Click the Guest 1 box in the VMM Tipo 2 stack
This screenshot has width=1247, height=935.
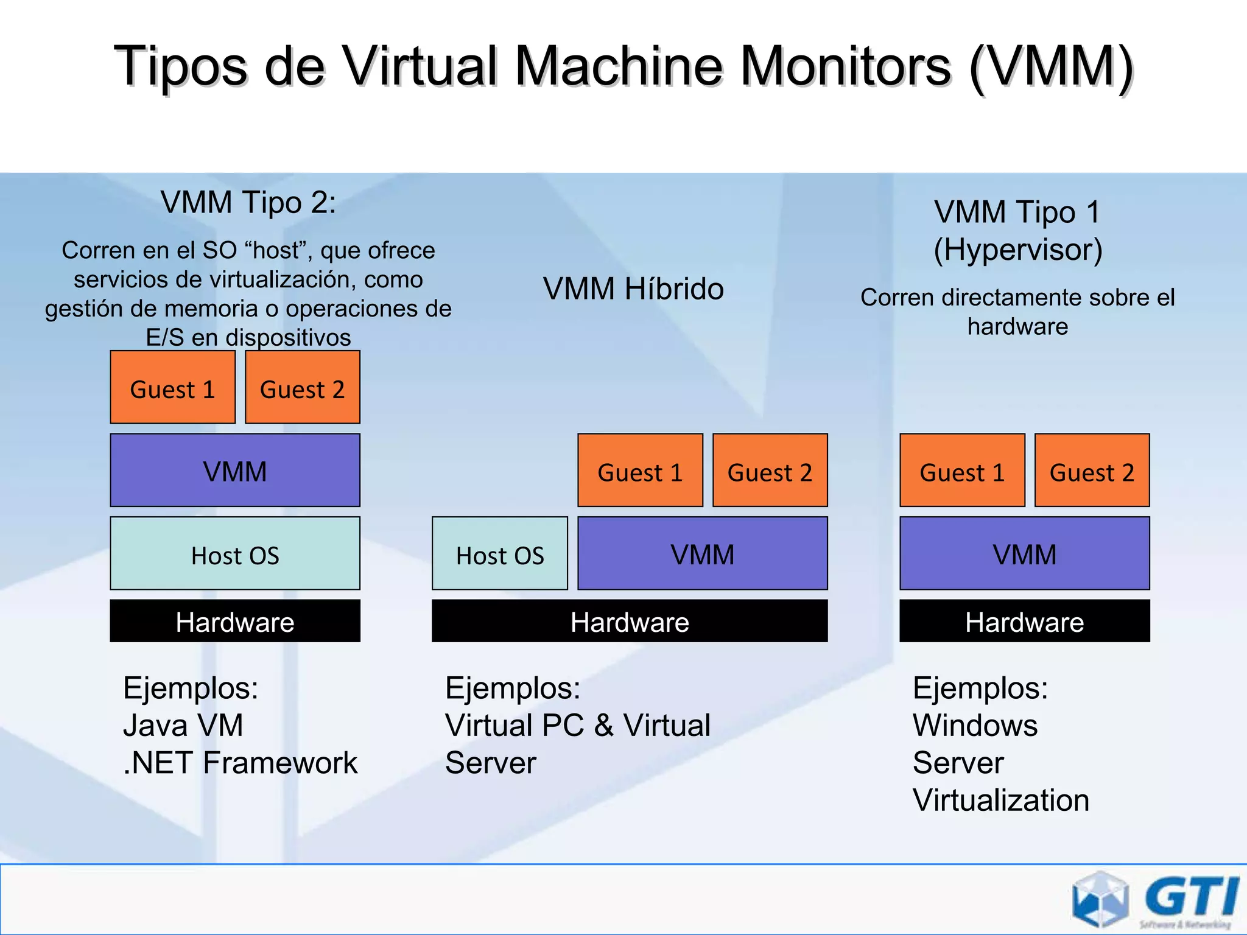tap(172, 387)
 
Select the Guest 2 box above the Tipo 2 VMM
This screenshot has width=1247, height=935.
tap(303, 387)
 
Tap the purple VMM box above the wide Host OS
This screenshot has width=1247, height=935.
tap(235, 471)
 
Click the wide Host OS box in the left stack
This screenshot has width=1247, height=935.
tap(235, 554)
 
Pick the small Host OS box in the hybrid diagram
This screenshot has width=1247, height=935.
tap(500, 554)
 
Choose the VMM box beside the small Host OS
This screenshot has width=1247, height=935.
tap(702, 554)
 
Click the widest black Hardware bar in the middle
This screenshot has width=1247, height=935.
tap(630, 622)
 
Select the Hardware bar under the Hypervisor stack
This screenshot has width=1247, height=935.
tap(1025, 622)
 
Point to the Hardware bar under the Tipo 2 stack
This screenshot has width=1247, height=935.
tap(235, 622)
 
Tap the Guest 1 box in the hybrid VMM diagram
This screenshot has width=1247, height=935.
tap(640, 471)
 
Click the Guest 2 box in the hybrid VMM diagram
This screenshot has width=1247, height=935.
tap(770, 471)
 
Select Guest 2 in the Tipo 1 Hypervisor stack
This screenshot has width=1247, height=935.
tap(1092, 471)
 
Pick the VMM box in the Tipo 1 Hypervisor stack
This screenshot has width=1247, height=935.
tap(1025, 554)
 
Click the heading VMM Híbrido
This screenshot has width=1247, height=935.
tap(633, 289)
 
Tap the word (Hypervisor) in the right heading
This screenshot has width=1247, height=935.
tap(1018, 250)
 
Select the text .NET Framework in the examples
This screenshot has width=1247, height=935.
tap(241, 763)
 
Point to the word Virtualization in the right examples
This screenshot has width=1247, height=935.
tap(1001, 800)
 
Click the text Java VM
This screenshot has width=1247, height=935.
tap(183, 726)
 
